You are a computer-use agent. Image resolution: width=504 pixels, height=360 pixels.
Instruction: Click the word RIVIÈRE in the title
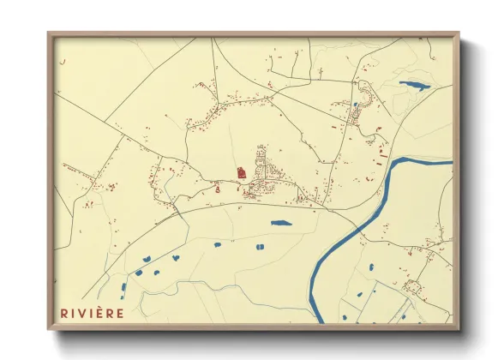92,313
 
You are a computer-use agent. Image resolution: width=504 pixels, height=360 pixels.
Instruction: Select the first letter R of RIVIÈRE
64,313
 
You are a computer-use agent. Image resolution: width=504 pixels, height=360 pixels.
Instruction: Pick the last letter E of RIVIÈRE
120,313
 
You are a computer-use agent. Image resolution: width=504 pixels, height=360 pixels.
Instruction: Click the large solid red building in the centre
242,172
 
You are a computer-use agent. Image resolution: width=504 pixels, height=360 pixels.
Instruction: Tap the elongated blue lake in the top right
415,85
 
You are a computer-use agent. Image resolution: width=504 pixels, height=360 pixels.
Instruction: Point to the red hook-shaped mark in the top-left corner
61,63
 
